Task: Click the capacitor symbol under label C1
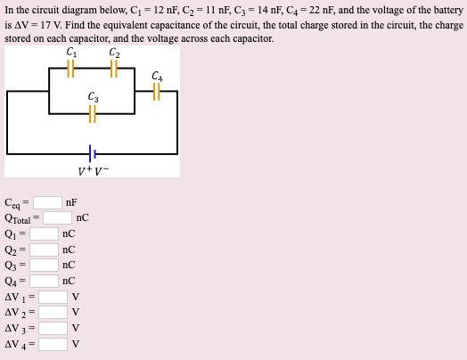pyautogui.click(x=71, y=71)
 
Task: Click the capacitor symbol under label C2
pyautogui.click(x=112, y=71)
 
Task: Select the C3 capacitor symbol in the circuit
pyautogui.click(x=93, y=112)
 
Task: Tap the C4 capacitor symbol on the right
pyautogui.click(x=157, y=92)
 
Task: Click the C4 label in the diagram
pyautogui.click(x=157, y=75)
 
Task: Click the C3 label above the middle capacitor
pyautogui.click(x=93, y=96)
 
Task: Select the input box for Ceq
pyautogui.click(x=48, y=202)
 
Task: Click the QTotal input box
pyautogui.click(x=58, y=217)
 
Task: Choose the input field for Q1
pyautogui.click(x=44, y=233)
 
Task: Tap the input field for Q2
pyautogui.click(x=44, y=250)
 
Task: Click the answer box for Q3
pyautogui.click(x=44, y=265)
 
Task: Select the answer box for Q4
pyautogui.click(x=44, y=281)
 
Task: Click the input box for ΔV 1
pyautogui.click(x=53, y=297)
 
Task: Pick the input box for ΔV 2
pyautogui.click(x=53, y=312)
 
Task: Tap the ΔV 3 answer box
pyautogui.click(x=53, y=328)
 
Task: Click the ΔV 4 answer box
pyautogui.click(x=53, y=344)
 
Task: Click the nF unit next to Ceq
pyautogui.click(x=72, y=202)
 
